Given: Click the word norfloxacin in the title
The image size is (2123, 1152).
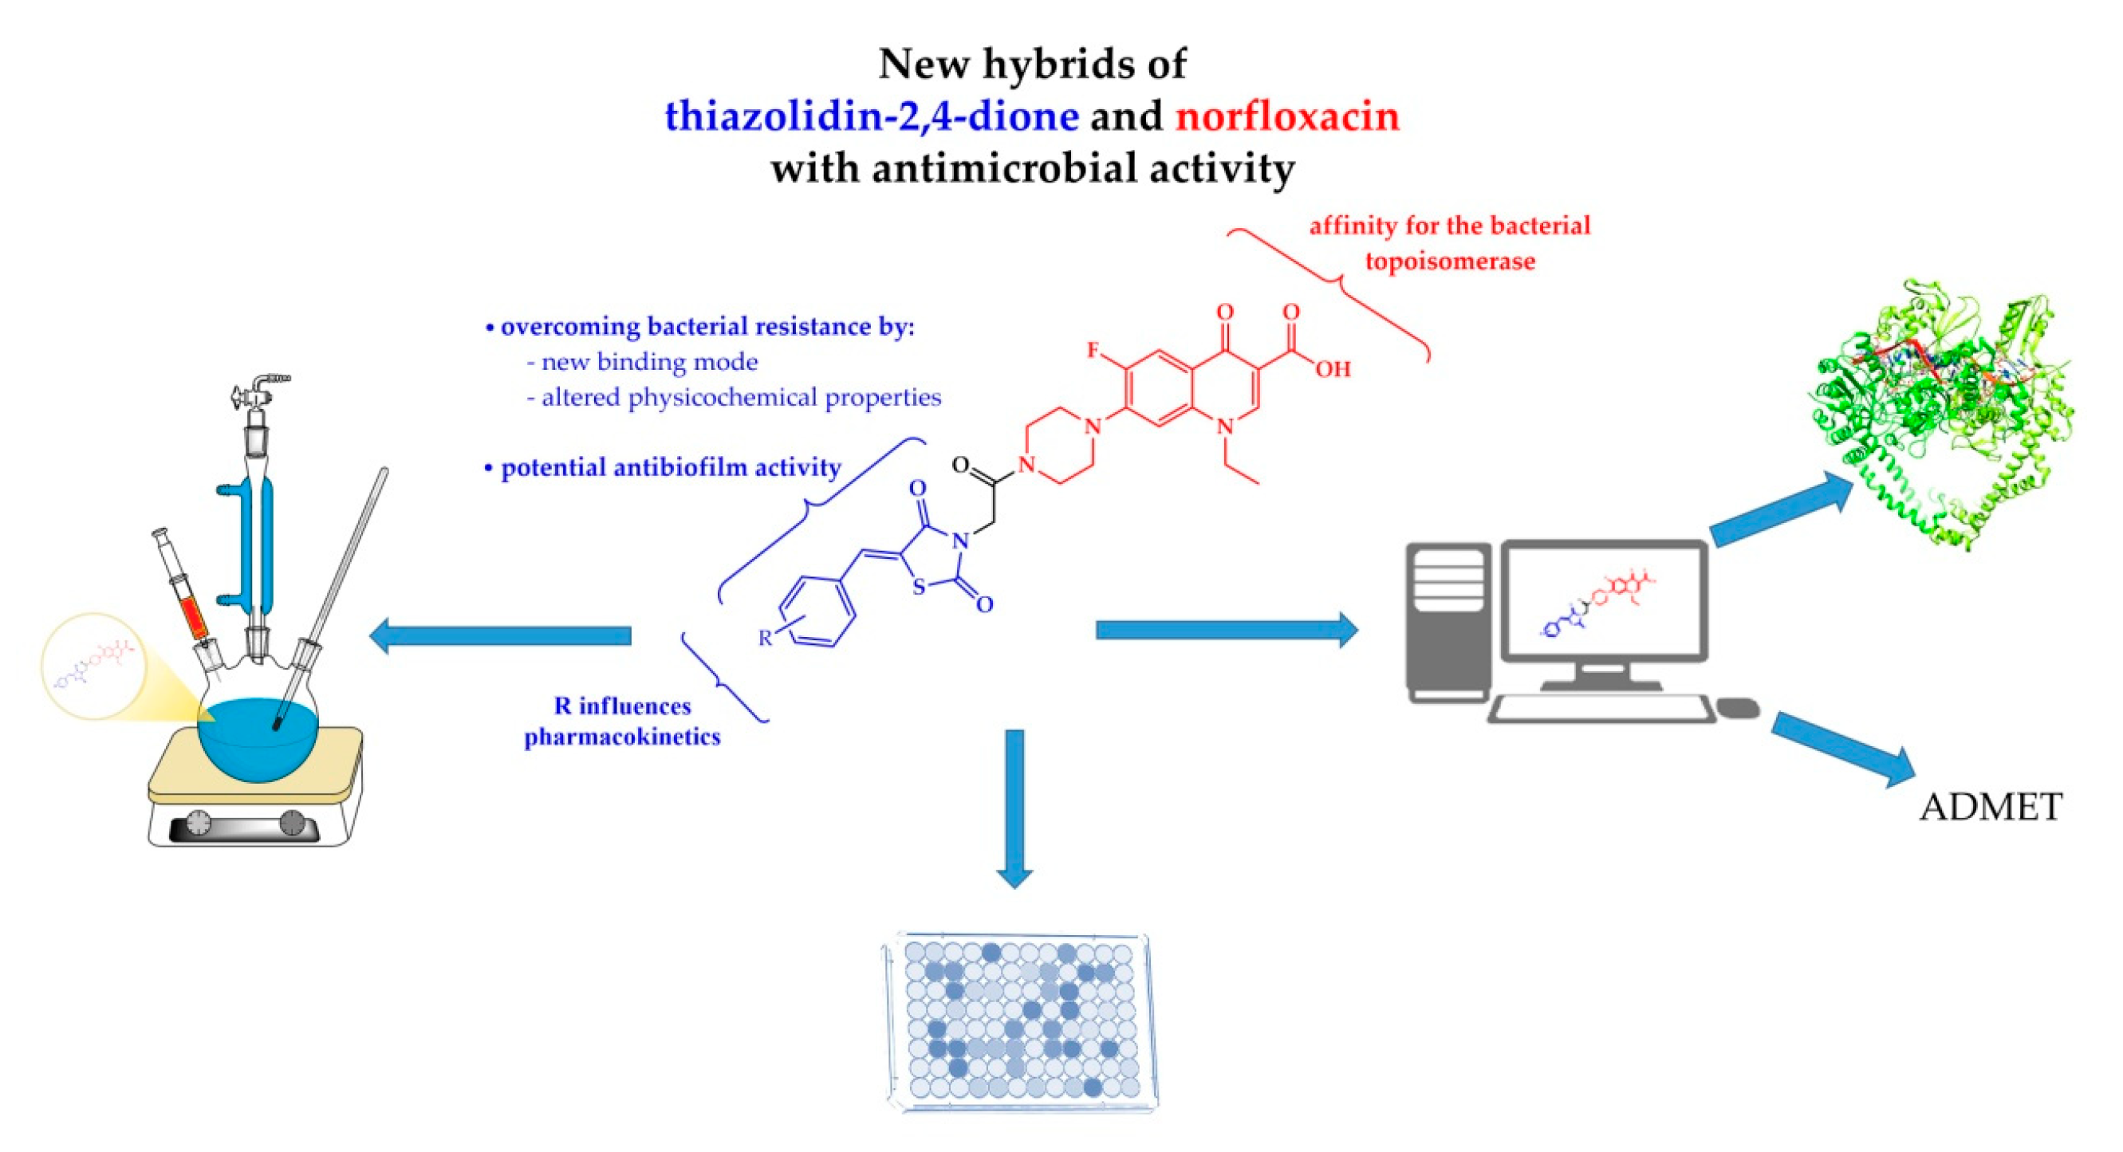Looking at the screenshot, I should [1286, 116].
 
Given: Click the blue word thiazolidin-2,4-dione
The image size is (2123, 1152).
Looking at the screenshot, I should [871, 116].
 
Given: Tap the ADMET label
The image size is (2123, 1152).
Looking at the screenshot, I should [1991, 807].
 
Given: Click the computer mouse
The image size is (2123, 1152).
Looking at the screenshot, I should [1738, 708].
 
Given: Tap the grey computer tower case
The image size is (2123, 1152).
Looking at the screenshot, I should [1448, 622].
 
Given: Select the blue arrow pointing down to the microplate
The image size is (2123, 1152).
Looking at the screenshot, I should [1014, 808].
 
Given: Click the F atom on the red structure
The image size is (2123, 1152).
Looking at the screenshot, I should [1093, 351].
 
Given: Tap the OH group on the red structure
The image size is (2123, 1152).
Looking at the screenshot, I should [1332, 369].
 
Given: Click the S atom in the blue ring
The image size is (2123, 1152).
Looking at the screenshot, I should [919, 588].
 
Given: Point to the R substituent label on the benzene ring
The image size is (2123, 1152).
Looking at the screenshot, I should [766, 637].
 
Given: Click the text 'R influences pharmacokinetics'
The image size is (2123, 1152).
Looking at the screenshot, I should [622, 721].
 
